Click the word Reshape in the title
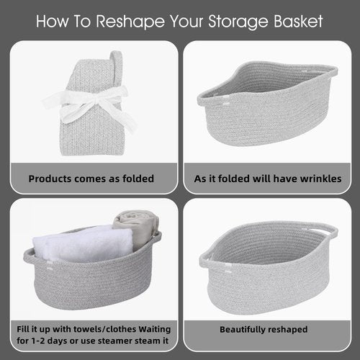pyautogui.click(x=130, y=22)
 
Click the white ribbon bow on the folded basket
pyautogui.click(x=90, y=106)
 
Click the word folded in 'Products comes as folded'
pyautogui.click(x=138, y=179)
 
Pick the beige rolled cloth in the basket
pyautogui.click(x=137, y=228)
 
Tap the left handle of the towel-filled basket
pyautogui.click(x=28, y=255)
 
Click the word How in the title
pyautogui.click(x=52, y=22)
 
